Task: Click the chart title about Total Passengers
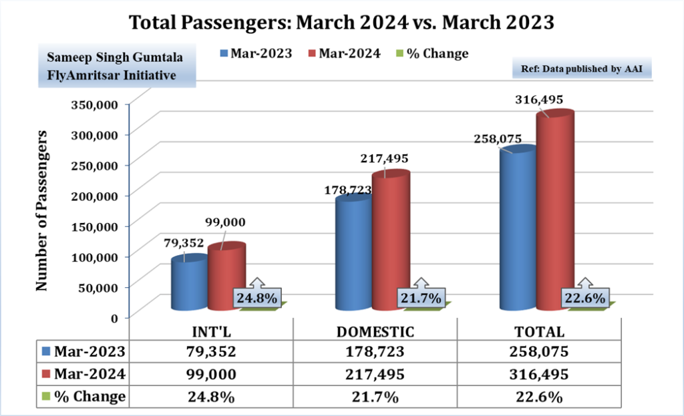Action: coord(341,22)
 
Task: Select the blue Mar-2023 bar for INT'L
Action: coord(188,284)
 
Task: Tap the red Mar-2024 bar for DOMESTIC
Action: coord(391,240)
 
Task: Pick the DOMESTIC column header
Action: coord(375,332)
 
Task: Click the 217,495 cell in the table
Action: coord(375,374)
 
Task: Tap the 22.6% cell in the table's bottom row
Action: coord(539,397)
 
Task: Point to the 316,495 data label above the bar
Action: coord(539,99)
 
